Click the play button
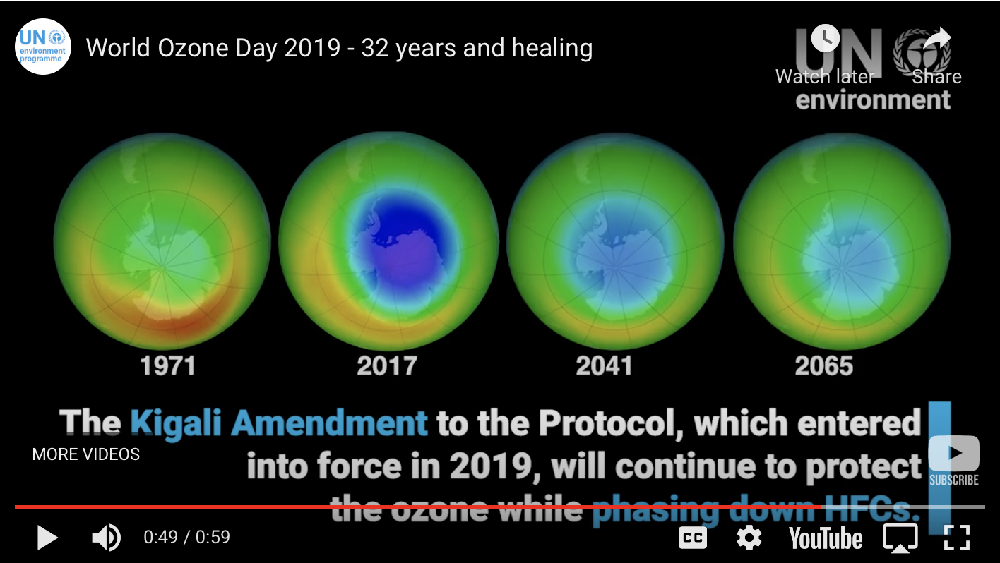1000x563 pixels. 47,538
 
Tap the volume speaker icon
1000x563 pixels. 106,538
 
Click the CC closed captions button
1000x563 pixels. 692,538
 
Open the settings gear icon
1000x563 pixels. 749,538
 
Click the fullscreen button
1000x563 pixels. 957,538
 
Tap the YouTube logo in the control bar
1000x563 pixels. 826,538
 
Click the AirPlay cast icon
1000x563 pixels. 900,538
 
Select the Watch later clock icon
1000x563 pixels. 825,38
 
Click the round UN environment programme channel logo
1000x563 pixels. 43,47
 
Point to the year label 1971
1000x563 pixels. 168,366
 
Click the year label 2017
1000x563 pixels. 387,366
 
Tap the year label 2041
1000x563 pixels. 604,366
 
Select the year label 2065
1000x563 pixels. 824,366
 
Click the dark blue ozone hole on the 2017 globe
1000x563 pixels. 404,243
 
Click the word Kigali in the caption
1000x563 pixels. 176,423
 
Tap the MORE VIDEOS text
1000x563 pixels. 85,454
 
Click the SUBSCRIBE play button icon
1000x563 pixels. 954,453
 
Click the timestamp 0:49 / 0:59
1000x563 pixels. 186,537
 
